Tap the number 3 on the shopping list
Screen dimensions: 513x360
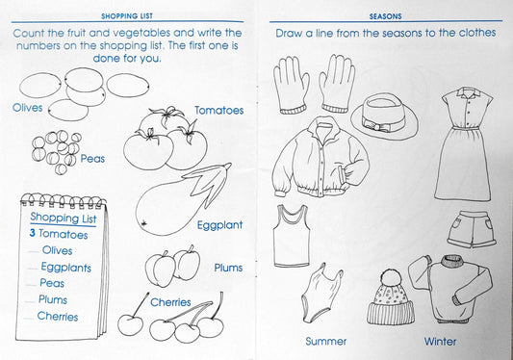pos(32,233)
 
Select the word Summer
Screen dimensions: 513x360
pos(325,342)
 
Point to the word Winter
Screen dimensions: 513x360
pos(440,342)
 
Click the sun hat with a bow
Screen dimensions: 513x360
pos(384,116)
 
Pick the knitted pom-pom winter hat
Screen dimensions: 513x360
pos(391,297)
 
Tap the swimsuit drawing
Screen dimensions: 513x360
pos(321,293)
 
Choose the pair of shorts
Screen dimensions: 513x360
pos(472,229)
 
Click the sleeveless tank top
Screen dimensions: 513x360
pos(292,236)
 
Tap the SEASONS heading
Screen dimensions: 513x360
pos(385,16)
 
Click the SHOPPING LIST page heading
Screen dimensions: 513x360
pos(127,16)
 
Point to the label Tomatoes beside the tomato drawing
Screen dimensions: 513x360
pos(218,111)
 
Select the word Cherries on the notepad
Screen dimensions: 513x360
pos(58,316)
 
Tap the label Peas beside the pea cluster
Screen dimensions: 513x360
pos(92,159)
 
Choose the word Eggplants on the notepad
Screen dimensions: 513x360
pos(66,268)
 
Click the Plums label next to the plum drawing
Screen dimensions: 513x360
pos(228,268)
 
